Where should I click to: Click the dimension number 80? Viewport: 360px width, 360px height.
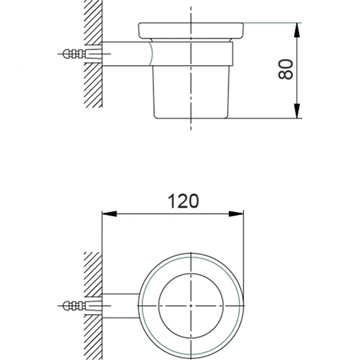tap(286, 69)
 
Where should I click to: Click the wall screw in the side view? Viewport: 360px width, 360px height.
tap(72, 53)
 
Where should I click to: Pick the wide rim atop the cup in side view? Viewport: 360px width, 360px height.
tap(191, 30)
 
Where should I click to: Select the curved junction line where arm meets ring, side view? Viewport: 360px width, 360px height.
tap(151, 53)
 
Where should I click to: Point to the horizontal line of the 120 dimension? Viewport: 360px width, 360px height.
tap(154, 214)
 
